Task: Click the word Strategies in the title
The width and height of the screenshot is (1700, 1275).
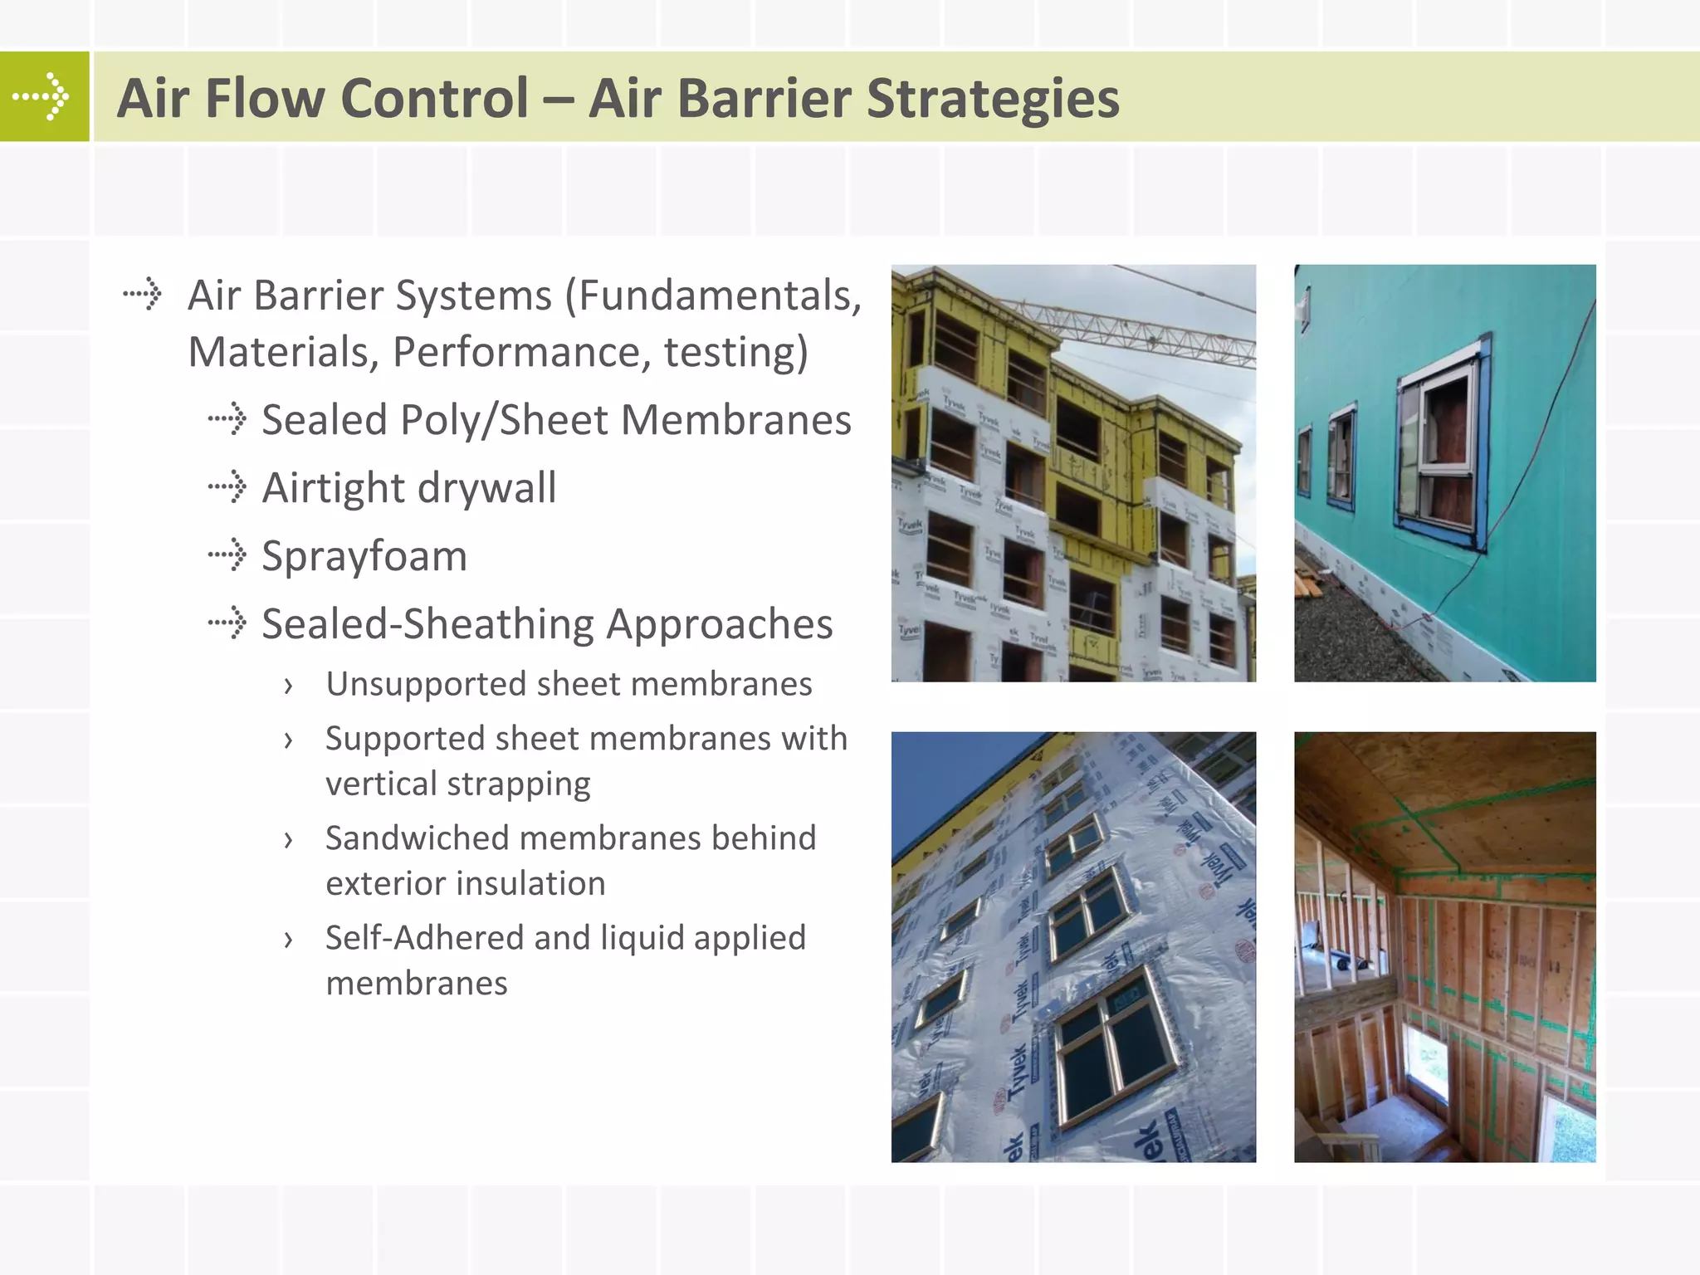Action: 993,98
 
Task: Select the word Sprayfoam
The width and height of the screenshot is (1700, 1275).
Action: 364,555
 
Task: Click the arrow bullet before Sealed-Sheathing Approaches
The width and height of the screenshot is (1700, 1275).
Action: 227,623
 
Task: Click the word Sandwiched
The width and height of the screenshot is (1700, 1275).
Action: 417,838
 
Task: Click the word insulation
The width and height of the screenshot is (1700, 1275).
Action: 522,883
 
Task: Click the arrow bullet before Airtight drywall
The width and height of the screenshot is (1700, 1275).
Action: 227,486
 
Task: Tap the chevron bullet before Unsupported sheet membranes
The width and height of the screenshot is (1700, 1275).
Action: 288,686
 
